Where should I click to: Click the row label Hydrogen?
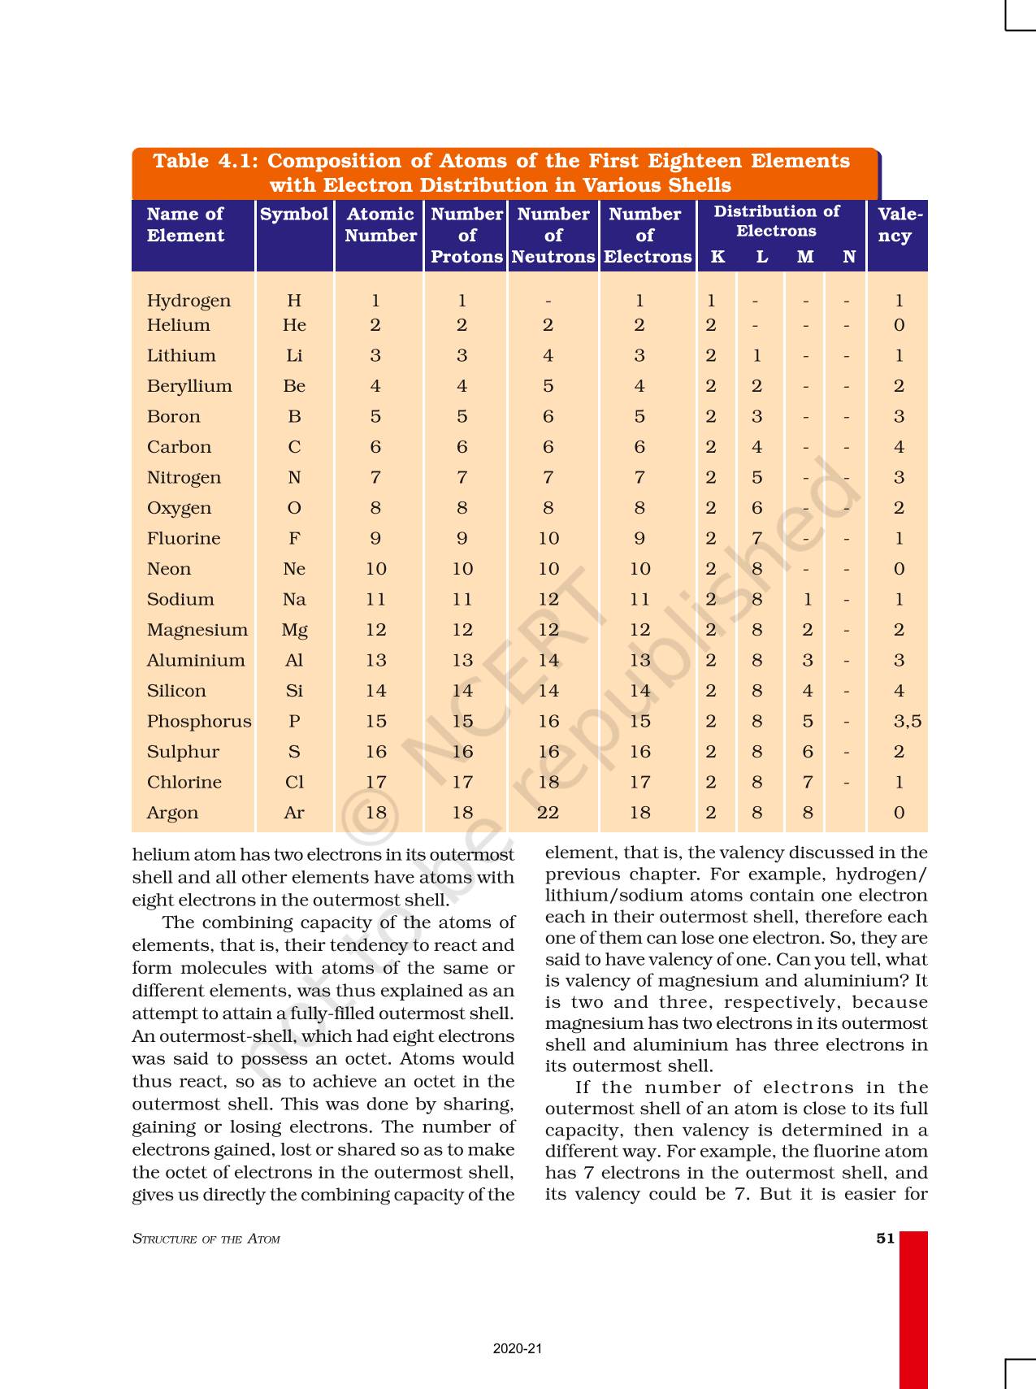coord(189,301)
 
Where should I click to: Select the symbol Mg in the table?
coord(294,630)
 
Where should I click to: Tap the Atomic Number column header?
coord(380,225)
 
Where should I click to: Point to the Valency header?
coord(899,225)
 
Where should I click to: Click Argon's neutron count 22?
coord(548,813)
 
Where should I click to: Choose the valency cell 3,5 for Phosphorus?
coord(907,721)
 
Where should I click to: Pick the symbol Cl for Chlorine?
coord(294,782)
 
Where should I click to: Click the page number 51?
coord(885,1239)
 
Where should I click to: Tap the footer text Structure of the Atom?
coord(206,1239)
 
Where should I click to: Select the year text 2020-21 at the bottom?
coord(517,1348)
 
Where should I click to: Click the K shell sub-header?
coord(717,257)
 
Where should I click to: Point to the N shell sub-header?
coord(849,257)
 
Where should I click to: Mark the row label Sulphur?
coord(183,752)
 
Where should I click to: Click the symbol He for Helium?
coord(294,325)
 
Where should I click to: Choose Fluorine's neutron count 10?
coord(548,538)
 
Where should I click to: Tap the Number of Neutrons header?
coord(553,235)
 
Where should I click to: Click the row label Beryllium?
coord(189,386)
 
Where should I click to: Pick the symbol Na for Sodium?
coord(294,599)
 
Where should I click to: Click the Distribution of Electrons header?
coord(776,221)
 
